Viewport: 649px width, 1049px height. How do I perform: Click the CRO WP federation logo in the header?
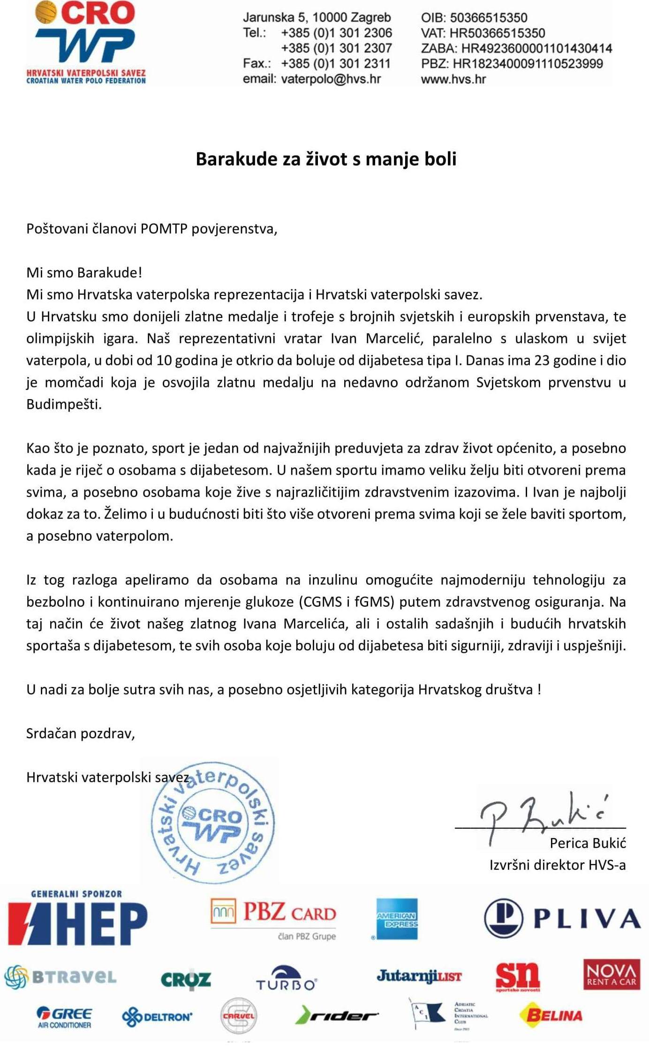(86, 42)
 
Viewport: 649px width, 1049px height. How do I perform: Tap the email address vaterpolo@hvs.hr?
(331, 79)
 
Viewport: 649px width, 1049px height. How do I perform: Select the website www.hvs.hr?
(453, 79)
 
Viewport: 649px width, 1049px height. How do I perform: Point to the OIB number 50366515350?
(488, 18)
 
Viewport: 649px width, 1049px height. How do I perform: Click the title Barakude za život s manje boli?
(326, 159)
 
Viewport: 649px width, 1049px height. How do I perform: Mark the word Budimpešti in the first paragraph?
(64, 404)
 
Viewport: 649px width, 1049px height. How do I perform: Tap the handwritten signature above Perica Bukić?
(544, 816)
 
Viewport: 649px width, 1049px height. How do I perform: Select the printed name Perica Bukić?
(588, 843)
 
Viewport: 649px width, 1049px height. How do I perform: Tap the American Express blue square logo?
(397, 919)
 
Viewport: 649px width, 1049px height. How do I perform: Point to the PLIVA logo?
(562, 918)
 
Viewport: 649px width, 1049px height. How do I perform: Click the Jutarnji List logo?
(419, 976)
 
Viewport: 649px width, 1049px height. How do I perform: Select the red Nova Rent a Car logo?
(611, 974)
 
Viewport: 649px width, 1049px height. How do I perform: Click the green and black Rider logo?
(336, 1016)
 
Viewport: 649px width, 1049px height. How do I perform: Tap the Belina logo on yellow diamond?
(551, 1016)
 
